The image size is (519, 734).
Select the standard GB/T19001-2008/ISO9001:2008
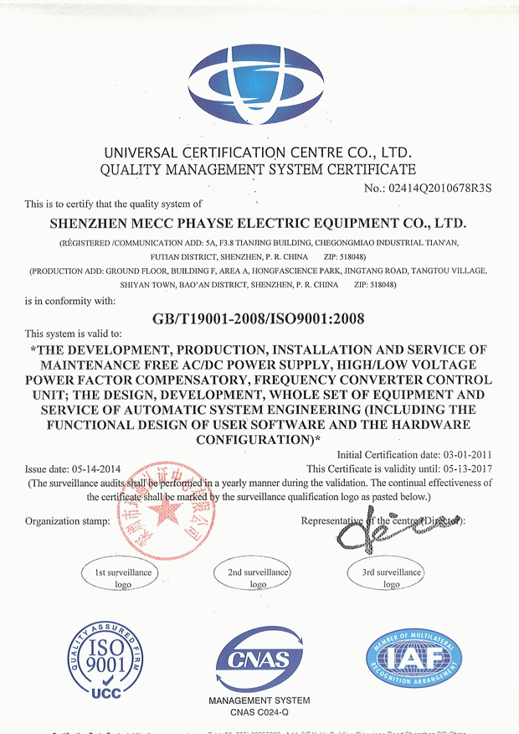point(259,318)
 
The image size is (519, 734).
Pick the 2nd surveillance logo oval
point(258,577)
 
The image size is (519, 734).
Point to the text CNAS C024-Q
point(258,713)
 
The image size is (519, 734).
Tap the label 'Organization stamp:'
point(68,521)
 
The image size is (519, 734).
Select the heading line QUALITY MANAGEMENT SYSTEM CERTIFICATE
point(259,169)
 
